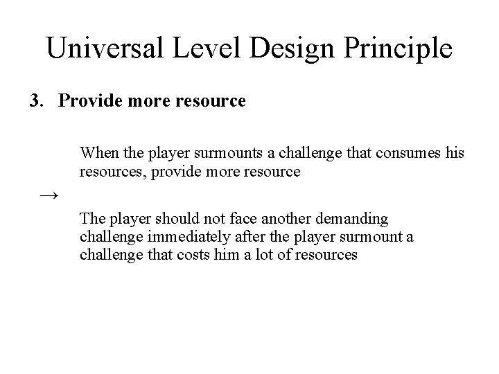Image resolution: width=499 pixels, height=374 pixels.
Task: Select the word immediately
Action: [175, 237]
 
